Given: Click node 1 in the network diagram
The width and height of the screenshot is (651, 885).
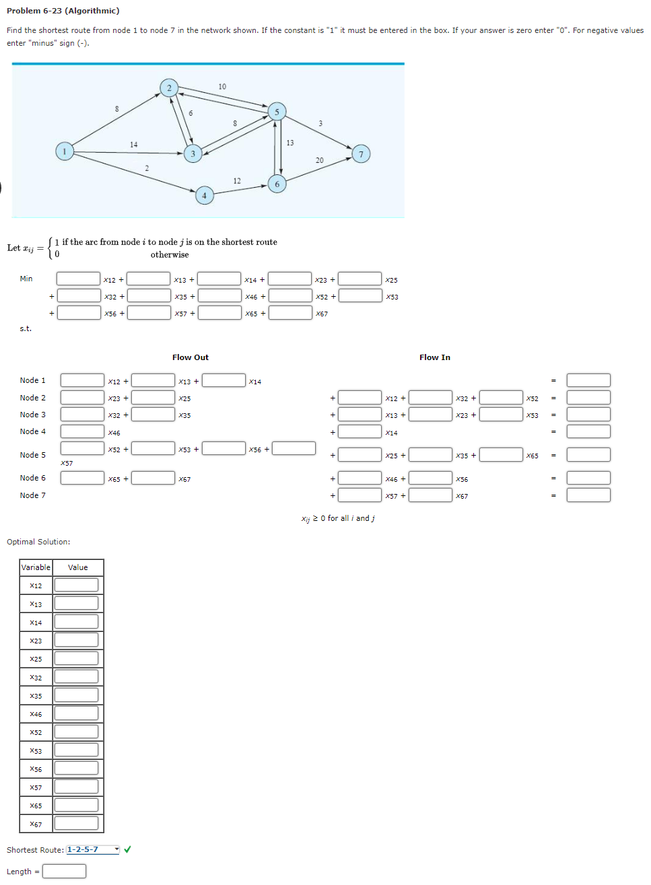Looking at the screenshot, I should point(65,151).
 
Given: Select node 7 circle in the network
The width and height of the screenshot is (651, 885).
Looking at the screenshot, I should point(361,154).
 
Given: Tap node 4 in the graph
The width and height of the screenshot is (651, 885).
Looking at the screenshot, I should point(204,196).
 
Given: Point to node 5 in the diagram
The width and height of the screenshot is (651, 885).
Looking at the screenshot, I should point(277,112).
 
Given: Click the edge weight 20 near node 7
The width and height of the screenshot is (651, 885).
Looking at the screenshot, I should point(319,160).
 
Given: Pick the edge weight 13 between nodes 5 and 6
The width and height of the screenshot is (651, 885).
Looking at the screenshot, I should point(290,143).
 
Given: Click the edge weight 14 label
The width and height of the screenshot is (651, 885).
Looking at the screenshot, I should point(133,145).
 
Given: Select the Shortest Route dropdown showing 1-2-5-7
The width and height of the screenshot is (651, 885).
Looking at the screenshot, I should point(93,849).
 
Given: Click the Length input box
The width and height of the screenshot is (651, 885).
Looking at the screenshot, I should point(64,872).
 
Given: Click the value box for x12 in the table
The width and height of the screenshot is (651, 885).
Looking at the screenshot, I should point(76,586).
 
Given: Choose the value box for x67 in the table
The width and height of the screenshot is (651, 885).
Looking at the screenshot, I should point(76,824).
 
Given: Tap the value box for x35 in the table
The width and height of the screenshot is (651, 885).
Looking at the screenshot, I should point(76,695).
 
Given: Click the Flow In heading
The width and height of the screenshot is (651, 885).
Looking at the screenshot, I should point(435,357).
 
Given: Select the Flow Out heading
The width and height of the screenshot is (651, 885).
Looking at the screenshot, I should point(191,357).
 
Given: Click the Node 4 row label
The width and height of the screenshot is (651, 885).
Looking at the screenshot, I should point(33,431).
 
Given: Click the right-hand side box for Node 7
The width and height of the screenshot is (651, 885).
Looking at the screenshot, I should point(588,495).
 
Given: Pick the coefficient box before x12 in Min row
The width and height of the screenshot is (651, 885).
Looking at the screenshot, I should point(78,279).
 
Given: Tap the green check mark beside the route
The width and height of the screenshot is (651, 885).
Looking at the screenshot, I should point(127,849).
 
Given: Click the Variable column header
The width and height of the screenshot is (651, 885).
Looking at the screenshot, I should point(36,567).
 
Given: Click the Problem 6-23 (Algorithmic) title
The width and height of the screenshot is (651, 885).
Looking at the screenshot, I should point(63,11).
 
